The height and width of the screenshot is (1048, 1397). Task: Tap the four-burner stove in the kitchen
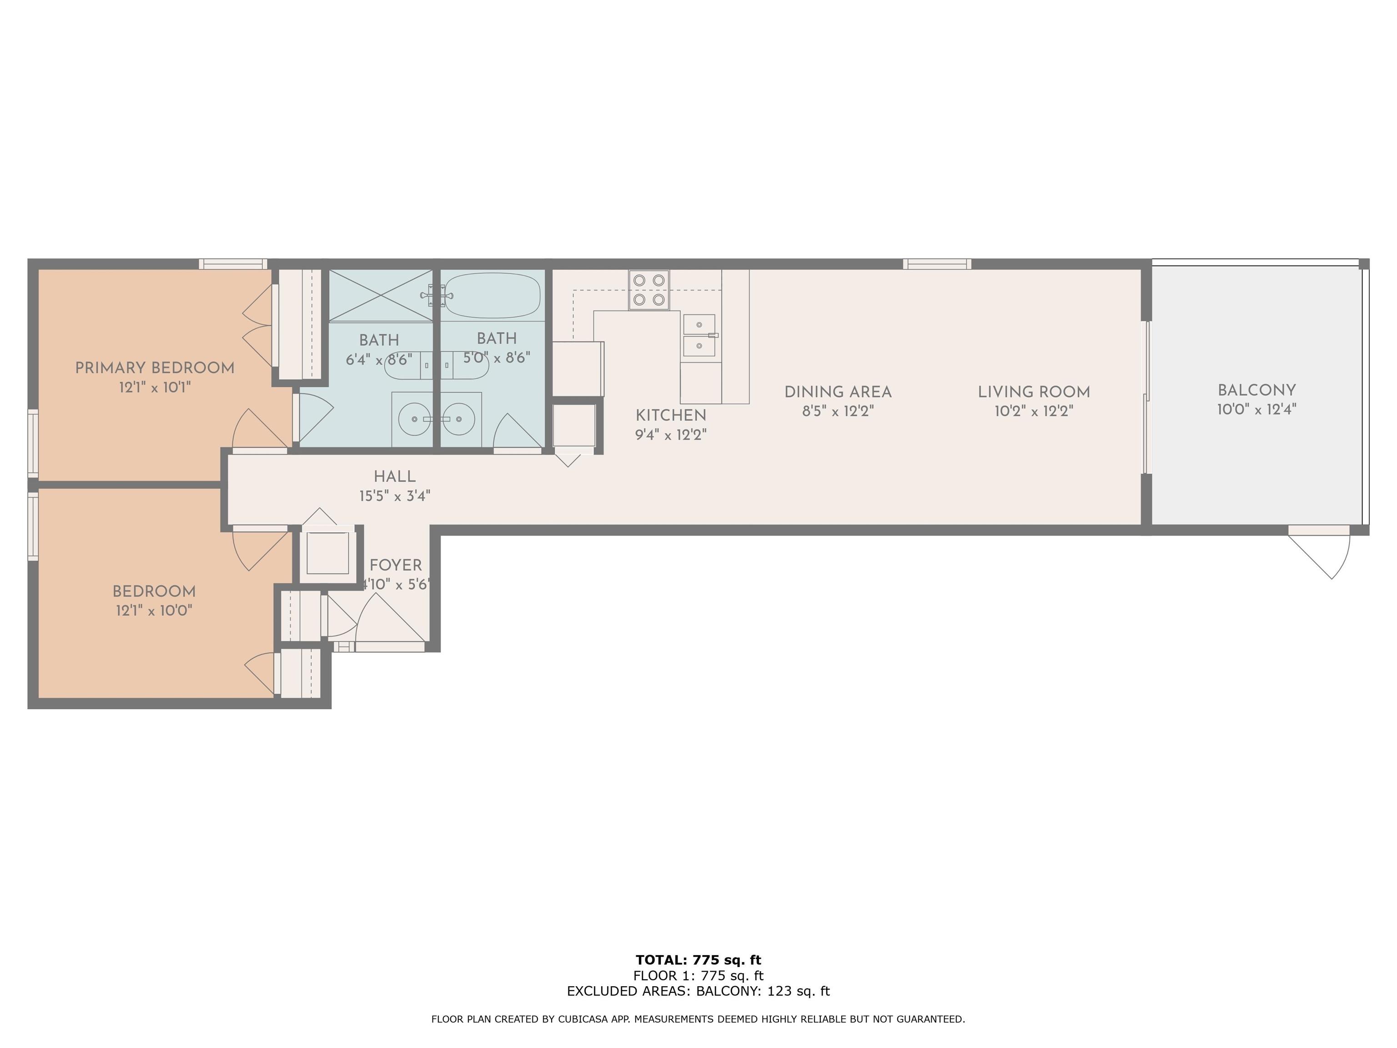click(648, 290)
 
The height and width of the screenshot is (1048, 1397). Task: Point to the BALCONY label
click(1257, 390)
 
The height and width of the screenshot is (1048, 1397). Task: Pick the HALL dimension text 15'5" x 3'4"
click(395, 496)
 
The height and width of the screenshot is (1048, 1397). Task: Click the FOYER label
click(395, 565)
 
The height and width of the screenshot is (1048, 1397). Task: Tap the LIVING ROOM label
click(1034, 392)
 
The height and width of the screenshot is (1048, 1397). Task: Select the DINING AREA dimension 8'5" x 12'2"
click(838, 411)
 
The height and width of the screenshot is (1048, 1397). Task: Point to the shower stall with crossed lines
click(381, 296)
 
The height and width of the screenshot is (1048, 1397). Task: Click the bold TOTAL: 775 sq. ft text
click(698, 960)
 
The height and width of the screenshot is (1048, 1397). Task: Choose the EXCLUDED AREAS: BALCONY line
click(698, 991)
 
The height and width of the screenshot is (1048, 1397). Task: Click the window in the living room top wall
click(937, 264)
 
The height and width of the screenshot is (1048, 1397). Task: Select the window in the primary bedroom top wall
click(233, 264)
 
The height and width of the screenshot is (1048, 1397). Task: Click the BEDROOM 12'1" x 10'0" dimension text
click(154, 611)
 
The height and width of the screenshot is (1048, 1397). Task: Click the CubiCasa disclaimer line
click(698, 1019)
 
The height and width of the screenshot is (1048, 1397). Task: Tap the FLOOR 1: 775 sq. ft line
click(698, 975)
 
